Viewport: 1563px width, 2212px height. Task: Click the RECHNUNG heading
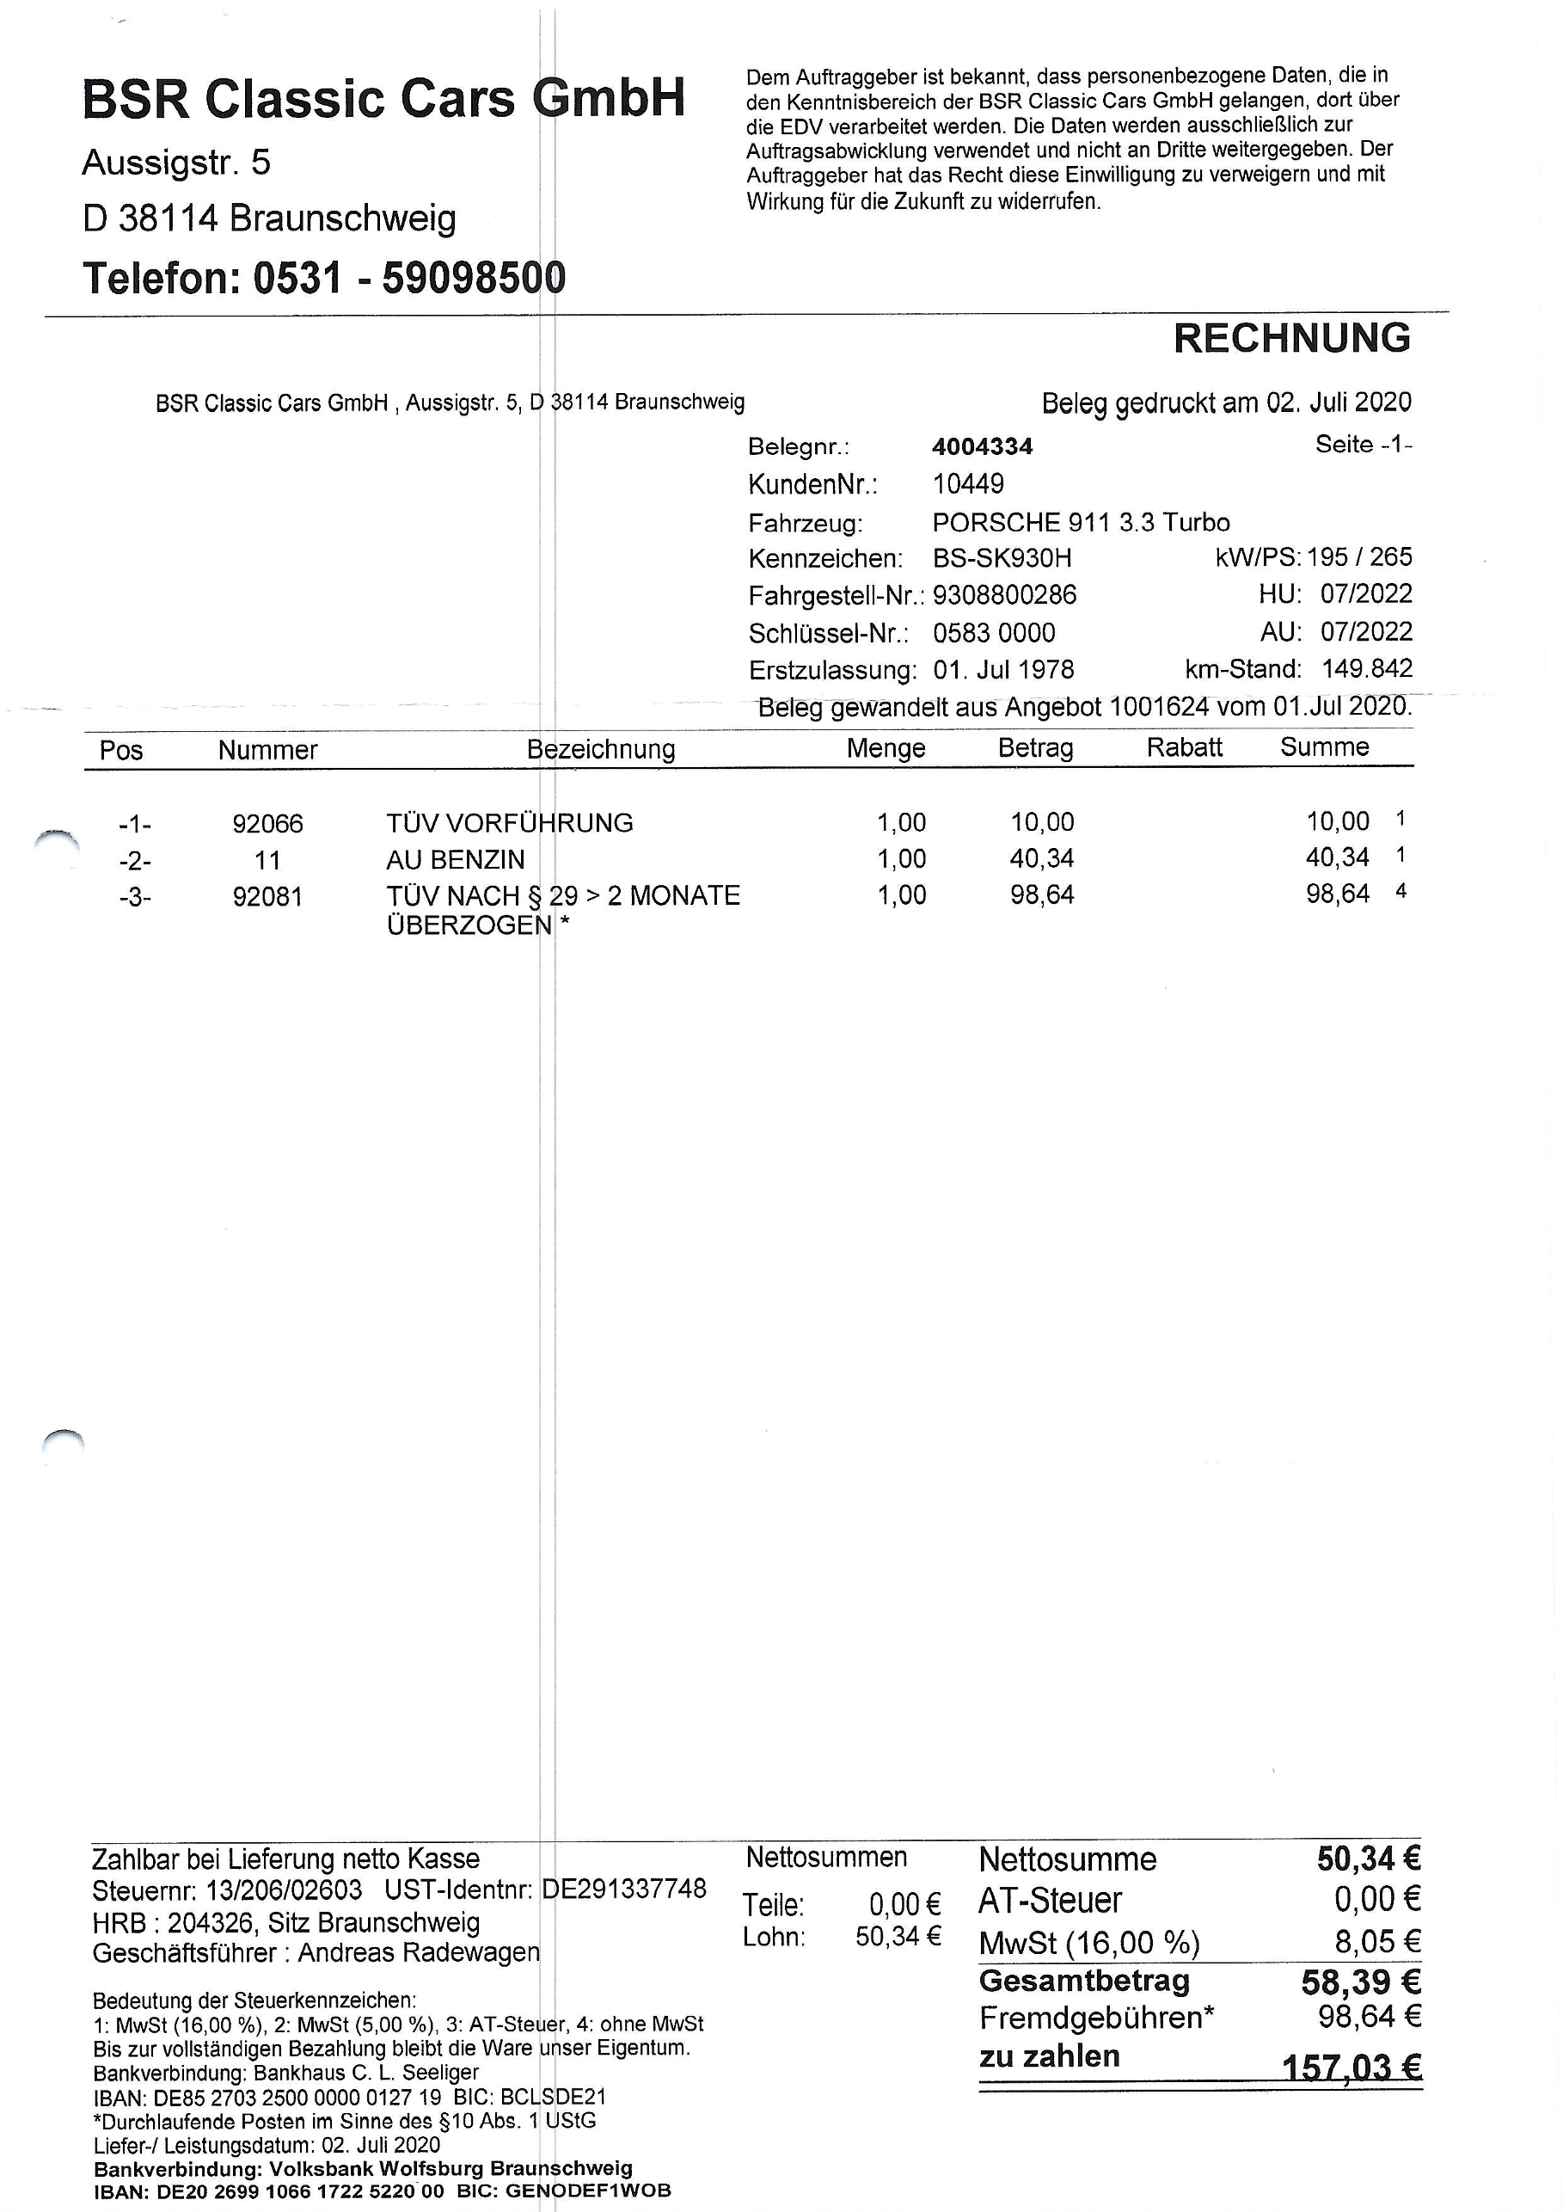pyautogui.click(x=1291, y=338)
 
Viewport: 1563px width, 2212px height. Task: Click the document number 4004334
pyautogui.click(x=983, y=446)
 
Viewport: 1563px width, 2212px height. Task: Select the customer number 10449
pyautogui.click(x=968, y=483)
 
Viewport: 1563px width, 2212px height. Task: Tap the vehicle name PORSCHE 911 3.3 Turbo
pyautogui.click(x=1081, y=522)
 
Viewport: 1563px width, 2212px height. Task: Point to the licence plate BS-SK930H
pyautogui.click(x=1002, y=559)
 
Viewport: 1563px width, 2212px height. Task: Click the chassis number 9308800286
pyautogui.click(x=1004, y=595)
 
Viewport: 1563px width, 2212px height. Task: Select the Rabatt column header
pyautogui.click(x=1184, y=747)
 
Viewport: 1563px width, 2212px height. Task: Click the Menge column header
pyautogui.click(x=885, y=748)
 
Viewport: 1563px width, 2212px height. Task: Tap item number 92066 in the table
pyautogui.click(x=267, y=824)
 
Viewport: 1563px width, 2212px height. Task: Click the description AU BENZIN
pyautogui.click(x=456, y=859)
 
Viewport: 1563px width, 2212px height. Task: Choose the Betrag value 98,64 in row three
pyautogui.click(x=1041, y=895)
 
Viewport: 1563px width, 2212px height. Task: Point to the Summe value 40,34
pyautogui.click(x=1337, y=857)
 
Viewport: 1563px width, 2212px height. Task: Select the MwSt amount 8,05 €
pyautogui.click(x=1377, y=1941)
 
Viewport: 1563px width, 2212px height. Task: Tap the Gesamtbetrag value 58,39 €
pyautogui.click(x=1361, y=1982)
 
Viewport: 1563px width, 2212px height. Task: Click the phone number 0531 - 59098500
pyautogui.click(x=408, y=279)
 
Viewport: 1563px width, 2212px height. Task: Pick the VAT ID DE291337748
pyautogui.click(x=624, y=1889)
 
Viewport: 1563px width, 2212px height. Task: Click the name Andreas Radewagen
pyautogui.click(x=419, y=1953)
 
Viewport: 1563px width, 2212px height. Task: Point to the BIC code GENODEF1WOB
pyautogui.click(x=587, y=2190)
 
